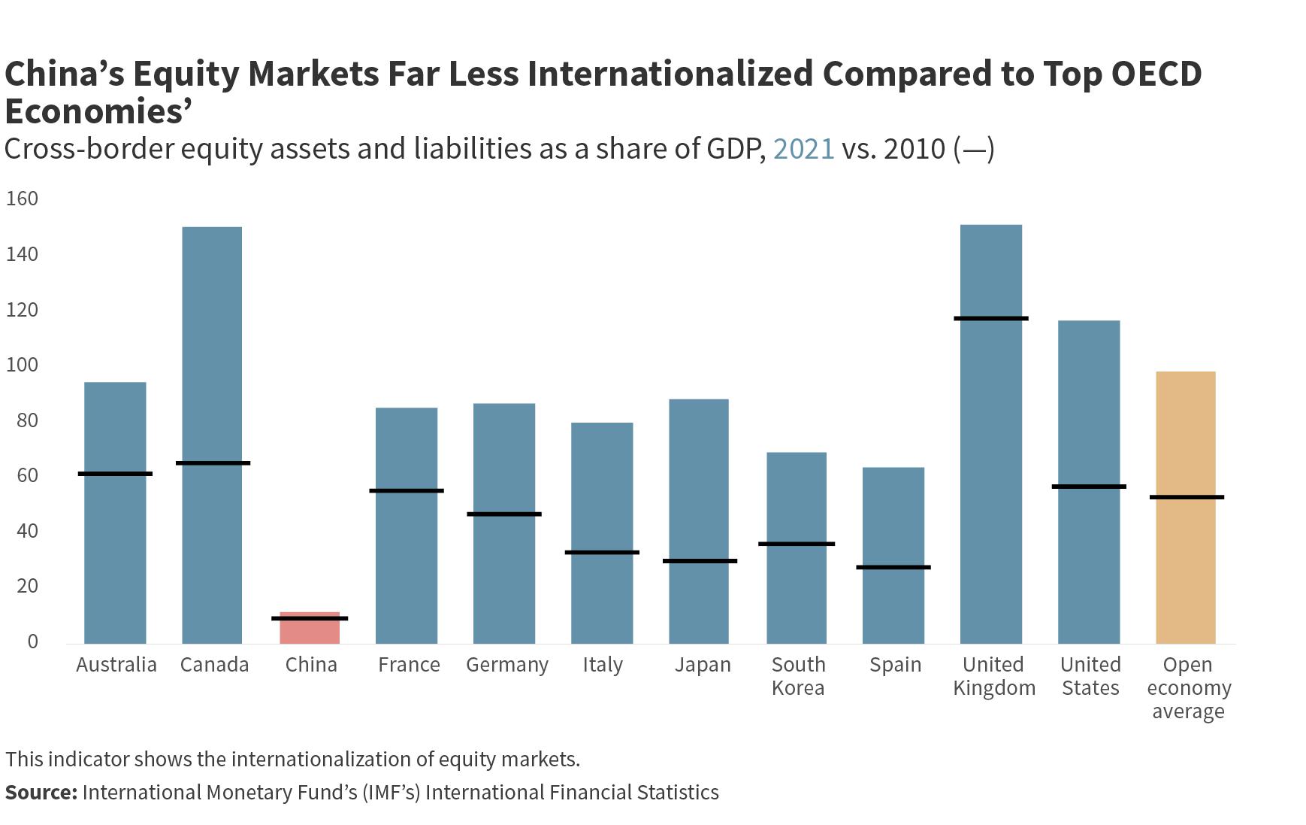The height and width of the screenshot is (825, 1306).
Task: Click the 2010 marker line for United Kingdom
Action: (991, 318)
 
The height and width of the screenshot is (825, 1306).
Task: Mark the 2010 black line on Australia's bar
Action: (115, 474)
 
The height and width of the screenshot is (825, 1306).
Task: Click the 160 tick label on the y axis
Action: (22, 199)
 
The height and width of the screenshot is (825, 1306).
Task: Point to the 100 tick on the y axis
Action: (22, 365)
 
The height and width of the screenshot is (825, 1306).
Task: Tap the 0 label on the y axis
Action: (32, 641)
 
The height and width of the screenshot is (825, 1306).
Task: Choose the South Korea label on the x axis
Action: (798, 676)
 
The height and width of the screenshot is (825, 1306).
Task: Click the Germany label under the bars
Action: (507, 665)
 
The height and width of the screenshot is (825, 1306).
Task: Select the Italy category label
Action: (603, 665)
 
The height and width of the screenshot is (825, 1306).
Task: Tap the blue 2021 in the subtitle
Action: (803, 149)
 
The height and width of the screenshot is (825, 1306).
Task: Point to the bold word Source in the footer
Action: (41, 792)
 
